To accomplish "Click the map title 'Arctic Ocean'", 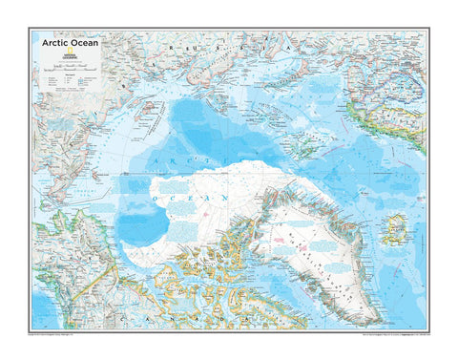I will [69, 42].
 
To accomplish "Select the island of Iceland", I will [394, 228].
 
